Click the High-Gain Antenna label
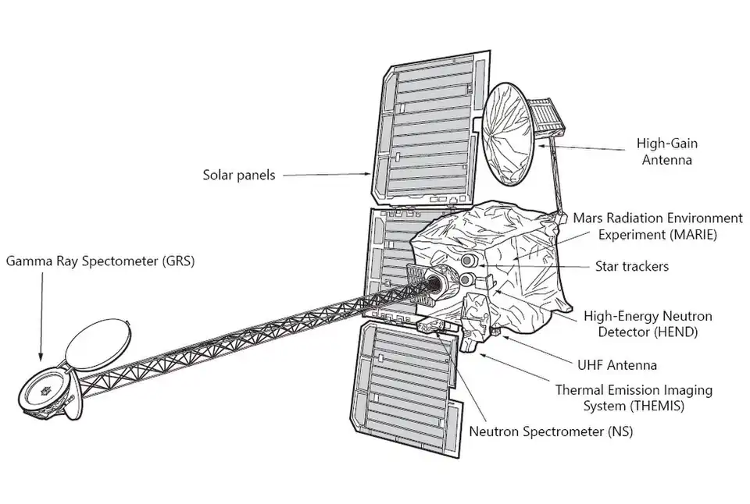click(x=667, y=151)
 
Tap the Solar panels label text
click(x=239, y=176)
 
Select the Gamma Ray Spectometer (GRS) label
click(x=100, y=261)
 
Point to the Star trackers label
click(x=631, y=267)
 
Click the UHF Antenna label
click(x=617, y=364)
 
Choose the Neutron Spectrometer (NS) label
click(x=552, y=431)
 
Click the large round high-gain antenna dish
click(x=507, y=136)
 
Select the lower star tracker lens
click(x=466, y=279)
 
